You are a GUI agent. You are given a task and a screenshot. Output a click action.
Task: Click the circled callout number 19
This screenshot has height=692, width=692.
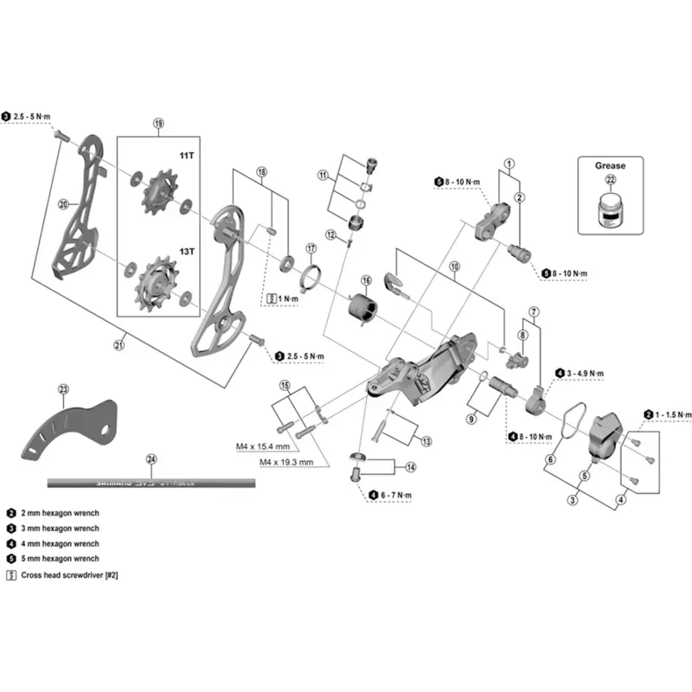[158, 123]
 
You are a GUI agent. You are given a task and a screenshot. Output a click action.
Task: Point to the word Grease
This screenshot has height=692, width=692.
[610, 165]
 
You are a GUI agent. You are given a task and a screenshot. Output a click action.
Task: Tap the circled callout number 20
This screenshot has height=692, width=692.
[62, 205]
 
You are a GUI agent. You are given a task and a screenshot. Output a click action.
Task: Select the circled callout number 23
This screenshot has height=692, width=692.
[62, 389]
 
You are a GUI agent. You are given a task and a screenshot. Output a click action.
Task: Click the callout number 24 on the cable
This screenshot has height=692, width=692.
[152, 459]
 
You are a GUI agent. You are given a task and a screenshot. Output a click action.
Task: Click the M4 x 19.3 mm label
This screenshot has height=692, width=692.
[287, 463]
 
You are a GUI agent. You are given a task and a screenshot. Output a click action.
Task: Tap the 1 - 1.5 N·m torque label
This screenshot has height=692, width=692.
[673, 415]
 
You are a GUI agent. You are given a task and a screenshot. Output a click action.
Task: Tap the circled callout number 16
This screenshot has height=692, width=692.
[366, 281]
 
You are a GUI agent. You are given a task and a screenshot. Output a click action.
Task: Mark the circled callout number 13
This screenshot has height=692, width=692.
[426, 441]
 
